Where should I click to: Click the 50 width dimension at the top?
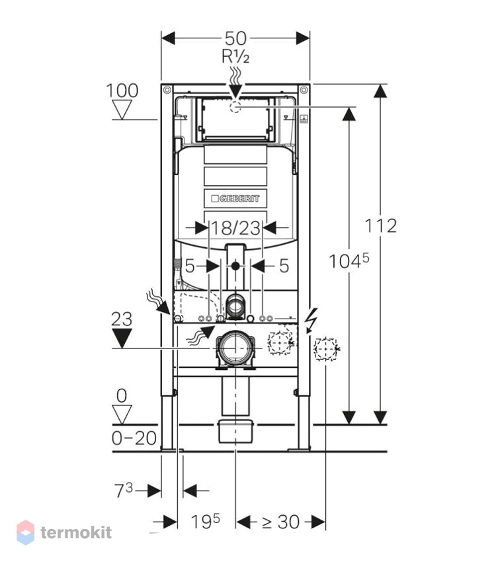[235, 38]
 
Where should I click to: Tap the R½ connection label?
[235, 56]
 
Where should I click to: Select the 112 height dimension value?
[381, 226]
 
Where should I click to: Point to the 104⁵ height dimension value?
[349, 261]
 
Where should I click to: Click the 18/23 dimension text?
[235, 228]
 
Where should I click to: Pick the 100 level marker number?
[122, 91]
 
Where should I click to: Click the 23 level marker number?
[122, 319]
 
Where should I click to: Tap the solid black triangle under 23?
[122, 339]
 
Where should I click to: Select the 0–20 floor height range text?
[134, 438]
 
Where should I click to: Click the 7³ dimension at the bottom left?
[124, 490]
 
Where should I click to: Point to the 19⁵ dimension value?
[206, 521]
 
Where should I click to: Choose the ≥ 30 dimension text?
[280, 522]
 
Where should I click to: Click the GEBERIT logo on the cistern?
[235, 198]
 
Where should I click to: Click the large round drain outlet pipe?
[235, 347]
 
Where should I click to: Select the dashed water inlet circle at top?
[235, 107]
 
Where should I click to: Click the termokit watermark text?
[76, 532]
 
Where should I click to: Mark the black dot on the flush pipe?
[235, 266]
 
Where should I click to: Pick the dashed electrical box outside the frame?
[326, 348]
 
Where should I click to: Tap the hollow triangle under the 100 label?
[122, 110]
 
